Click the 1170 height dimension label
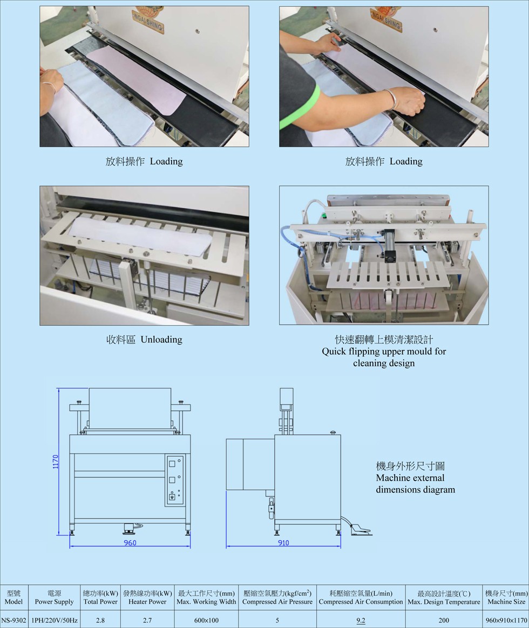[56, 461]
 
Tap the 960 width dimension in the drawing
[130, 543]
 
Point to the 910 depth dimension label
[283, 543]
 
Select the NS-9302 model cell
[13, 620]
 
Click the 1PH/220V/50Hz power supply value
[55, 620]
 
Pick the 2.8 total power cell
[100, 620]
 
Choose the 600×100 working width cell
[206, 620]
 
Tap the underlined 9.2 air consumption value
[361, 620]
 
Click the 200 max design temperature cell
[444, 620]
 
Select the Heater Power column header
[147, 602]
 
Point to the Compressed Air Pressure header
[277, 602]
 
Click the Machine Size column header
[506, 602]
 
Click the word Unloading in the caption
[161, 340]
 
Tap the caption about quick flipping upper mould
[384, 351]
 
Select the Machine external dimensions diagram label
[415, 478]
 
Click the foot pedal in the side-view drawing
[360, 530]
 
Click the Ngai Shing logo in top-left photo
[148, 19]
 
